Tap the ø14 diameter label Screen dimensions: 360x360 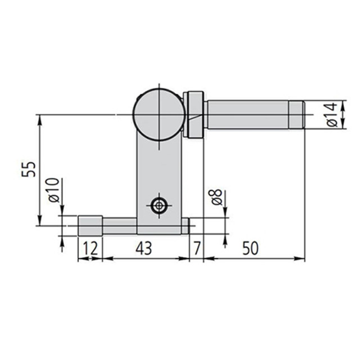(331, 115)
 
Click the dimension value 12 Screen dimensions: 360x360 (89, 248)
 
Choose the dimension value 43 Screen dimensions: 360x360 (144, 248)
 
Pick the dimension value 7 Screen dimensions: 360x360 (196, 248)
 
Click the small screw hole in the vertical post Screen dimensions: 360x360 (160, 206)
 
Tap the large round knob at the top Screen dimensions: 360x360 (159, 114)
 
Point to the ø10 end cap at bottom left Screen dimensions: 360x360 (89, 226)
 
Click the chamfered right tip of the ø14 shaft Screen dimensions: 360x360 (297, 115)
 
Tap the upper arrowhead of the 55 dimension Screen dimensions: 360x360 (39, 119)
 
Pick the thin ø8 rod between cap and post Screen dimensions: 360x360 (119, 226)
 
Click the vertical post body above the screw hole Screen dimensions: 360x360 (160, 169)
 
